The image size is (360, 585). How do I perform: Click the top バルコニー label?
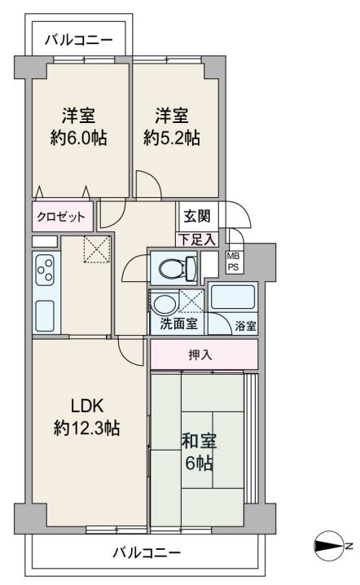78,40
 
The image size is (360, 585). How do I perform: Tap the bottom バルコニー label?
147,552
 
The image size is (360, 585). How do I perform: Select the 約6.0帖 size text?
79,139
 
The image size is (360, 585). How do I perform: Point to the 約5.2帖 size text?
172,139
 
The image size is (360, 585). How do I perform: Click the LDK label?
87,406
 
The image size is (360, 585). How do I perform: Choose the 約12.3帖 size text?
86,428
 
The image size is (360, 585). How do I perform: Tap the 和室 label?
200,441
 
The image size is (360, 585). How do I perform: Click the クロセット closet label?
61,217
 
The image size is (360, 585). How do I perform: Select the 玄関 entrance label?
197,216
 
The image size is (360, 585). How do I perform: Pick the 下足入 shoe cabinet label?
197,240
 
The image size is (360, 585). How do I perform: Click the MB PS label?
233,262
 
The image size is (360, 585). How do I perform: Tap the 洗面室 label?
178,323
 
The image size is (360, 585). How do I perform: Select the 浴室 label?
245,326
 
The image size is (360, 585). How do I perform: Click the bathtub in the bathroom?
232,297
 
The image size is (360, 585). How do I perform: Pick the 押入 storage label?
200,354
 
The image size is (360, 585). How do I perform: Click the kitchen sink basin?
45,316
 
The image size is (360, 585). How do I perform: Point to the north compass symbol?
328,546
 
